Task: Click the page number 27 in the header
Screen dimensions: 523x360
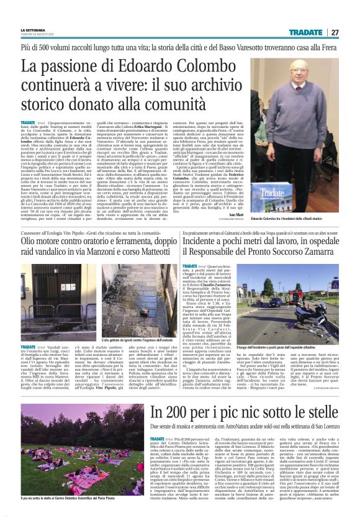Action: pos(335,32)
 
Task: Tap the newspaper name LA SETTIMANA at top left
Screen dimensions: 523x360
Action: pos(33,30)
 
